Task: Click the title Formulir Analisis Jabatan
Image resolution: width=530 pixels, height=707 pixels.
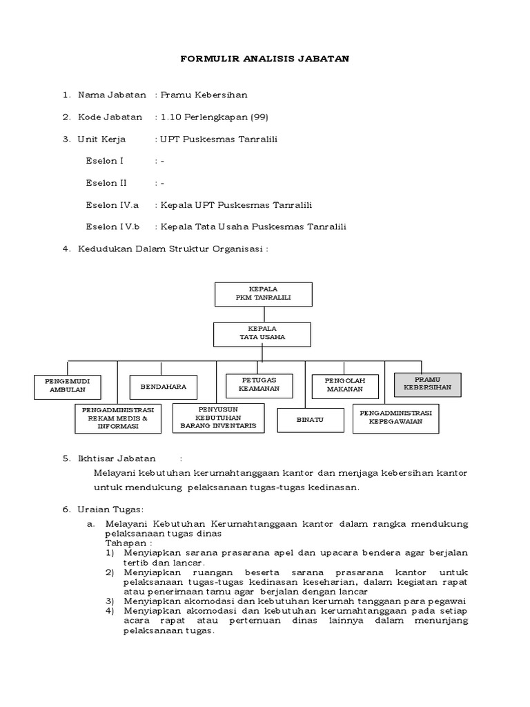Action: (265, 59)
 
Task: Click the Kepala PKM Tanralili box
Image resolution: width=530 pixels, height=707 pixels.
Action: (263, 293)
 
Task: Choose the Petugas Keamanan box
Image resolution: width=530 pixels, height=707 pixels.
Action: (259, 385)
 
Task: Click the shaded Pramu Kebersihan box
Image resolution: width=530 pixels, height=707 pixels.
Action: (427, 384)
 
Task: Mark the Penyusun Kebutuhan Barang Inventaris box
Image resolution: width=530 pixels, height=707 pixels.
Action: (218, 418)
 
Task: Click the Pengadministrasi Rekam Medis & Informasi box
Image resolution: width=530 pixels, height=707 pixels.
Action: (118, 418)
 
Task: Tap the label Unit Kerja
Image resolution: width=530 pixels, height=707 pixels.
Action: (101, 139)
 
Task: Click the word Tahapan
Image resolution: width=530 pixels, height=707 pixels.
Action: (124, 542)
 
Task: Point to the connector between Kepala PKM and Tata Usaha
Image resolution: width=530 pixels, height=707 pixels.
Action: (262, 313)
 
